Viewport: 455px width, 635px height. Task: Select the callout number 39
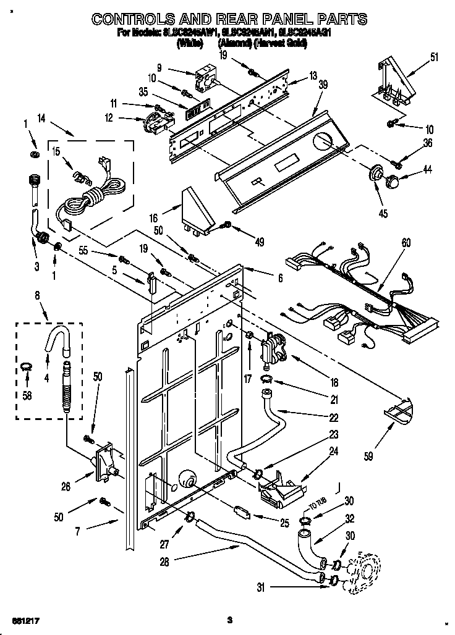pyautogui.click(x=322, y=86)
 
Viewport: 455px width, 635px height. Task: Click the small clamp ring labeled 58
pyautogui.click(x=25, y=369)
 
